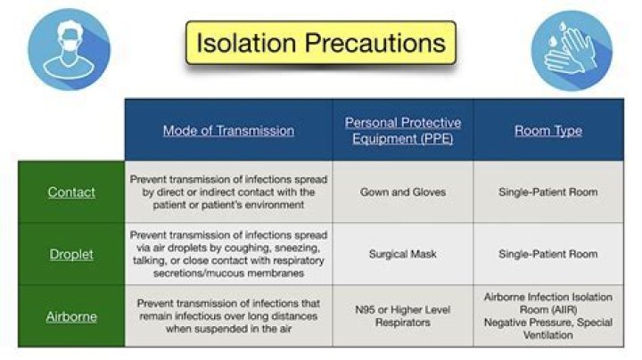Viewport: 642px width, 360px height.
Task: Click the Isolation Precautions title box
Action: [321, 43]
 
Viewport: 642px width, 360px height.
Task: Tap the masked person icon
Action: [69, 50]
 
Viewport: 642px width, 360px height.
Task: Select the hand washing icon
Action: [572, 50]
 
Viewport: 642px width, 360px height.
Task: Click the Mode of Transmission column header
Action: [228, 130]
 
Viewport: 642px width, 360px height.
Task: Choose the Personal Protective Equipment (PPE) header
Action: [403, 130]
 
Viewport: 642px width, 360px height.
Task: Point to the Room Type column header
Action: [548, 130]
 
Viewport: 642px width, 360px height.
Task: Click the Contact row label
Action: [71, 192]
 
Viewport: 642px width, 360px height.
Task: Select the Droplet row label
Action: [71, 254]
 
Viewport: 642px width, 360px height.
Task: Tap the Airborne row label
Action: [71, 316]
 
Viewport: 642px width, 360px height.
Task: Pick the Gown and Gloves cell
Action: [403, 192]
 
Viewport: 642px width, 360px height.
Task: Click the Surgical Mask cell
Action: [403, 254]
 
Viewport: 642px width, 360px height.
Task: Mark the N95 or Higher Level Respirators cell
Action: [403, 315]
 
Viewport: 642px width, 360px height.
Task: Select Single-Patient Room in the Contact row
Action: [548, 192]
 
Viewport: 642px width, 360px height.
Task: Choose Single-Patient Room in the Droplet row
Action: [548, 254]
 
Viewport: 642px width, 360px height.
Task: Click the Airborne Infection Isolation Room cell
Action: [548, 315]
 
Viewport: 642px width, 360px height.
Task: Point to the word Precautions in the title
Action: [375, 43]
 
